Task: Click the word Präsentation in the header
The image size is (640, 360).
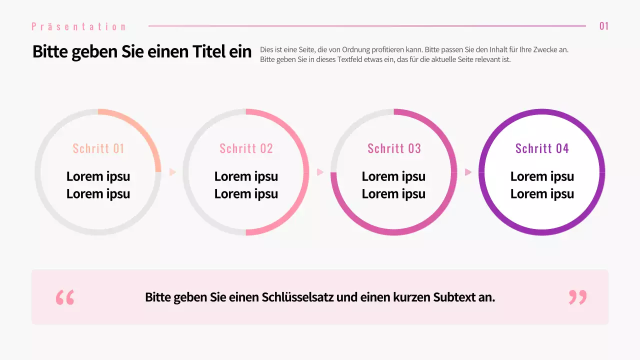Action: click(x=78, y=26)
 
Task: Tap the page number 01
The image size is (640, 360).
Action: click(x=604, y=26)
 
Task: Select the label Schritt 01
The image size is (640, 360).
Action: click(x=98, y=148)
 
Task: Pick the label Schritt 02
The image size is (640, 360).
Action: click(x=246, y=148)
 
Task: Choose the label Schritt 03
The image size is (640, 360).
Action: click(x=394, y=148)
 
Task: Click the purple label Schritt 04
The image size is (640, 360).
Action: click(x=542, y=148)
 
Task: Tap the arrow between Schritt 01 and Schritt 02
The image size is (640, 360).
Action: click(x=172, y=172)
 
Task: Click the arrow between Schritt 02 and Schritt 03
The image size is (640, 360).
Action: click(x=320, y=172)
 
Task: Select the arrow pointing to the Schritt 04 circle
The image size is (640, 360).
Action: click(x=468, y=172)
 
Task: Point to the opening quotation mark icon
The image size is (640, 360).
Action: click(x=65, y=297)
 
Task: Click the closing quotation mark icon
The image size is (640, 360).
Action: click(x=577, y=297)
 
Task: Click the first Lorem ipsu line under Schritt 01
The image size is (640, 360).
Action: click(x=98, y=176)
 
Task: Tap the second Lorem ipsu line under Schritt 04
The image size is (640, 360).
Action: click(x=542, y=194)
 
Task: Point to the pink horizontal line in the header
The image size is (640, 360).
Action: click(x=367, y=26)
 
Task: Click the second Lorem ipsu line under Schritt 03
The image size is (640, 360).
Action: click(x=394, y=194)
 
